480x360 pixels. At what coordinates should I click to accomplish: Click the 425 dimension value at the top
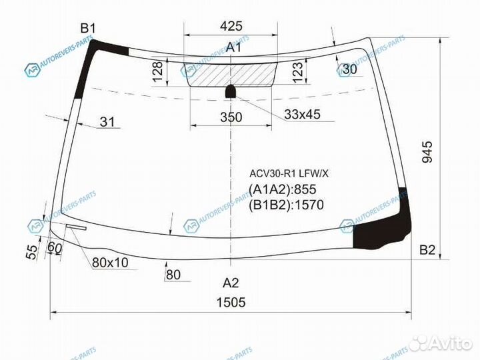click(231, 27)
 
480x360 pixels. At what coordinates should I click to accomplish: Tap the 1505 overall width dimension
click(231, 302)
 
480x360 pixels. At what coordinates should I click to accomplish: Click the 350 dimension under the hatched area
click(231, 117)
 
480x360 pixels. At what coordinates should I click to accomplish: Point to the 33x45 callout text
click(302, 115)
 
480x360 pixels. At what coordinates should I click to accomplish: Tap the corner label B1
click(88, 28)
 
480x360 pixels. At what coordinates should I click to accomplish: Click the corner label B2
click(427, 250)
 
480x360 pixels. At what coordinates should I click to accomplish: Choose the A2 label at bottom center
click(231, 281)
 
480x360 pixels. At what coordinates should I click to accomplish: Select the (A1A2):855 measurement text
click(282, 189)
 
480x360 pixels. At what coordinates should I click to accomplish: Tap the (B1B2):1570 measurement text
click(286, 205)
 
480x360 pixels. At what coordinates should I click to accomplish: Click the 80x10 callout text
click(110, 263)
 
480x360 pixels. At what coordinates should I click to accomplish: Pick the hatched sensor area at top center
click(231, 74)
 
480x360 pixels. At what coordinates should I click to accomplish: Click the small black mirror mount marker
click(231, 91)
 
